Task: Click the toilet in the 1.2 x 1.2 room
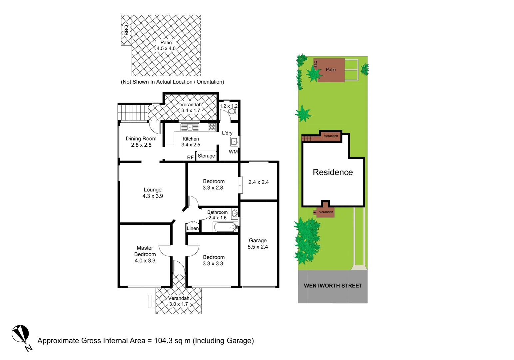click(232, 111)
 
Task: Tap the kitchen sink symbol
click(190, 127)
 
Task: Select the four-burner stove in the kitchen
click(212, 127)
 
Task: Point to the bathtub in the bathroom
click(225, 227)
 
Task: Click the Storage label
click(206, 156)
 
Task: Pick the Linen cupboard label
click(193, 228)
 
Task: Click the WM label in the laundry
click(233, 152)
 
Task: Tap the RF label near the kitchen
click(190, 157)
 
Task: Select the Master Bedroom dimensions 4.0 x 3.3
click(145, 261)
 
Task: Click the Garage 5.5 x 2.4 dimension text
click(257, 247)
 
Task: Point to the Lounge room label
click(153, 190)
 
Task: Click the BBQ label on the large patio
click(126, 30)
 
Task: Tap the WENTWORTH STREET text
click(333, 286)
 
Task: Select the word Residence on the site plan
click(332, 172)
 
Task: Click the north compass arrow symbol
click(21, 334)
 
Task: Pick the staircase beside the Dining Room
click(133, 112)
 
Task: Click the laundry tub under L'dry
click(234, 142)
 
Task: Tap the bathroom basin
click(235, 213)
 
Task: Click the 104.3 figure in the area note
click(163, 341)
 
